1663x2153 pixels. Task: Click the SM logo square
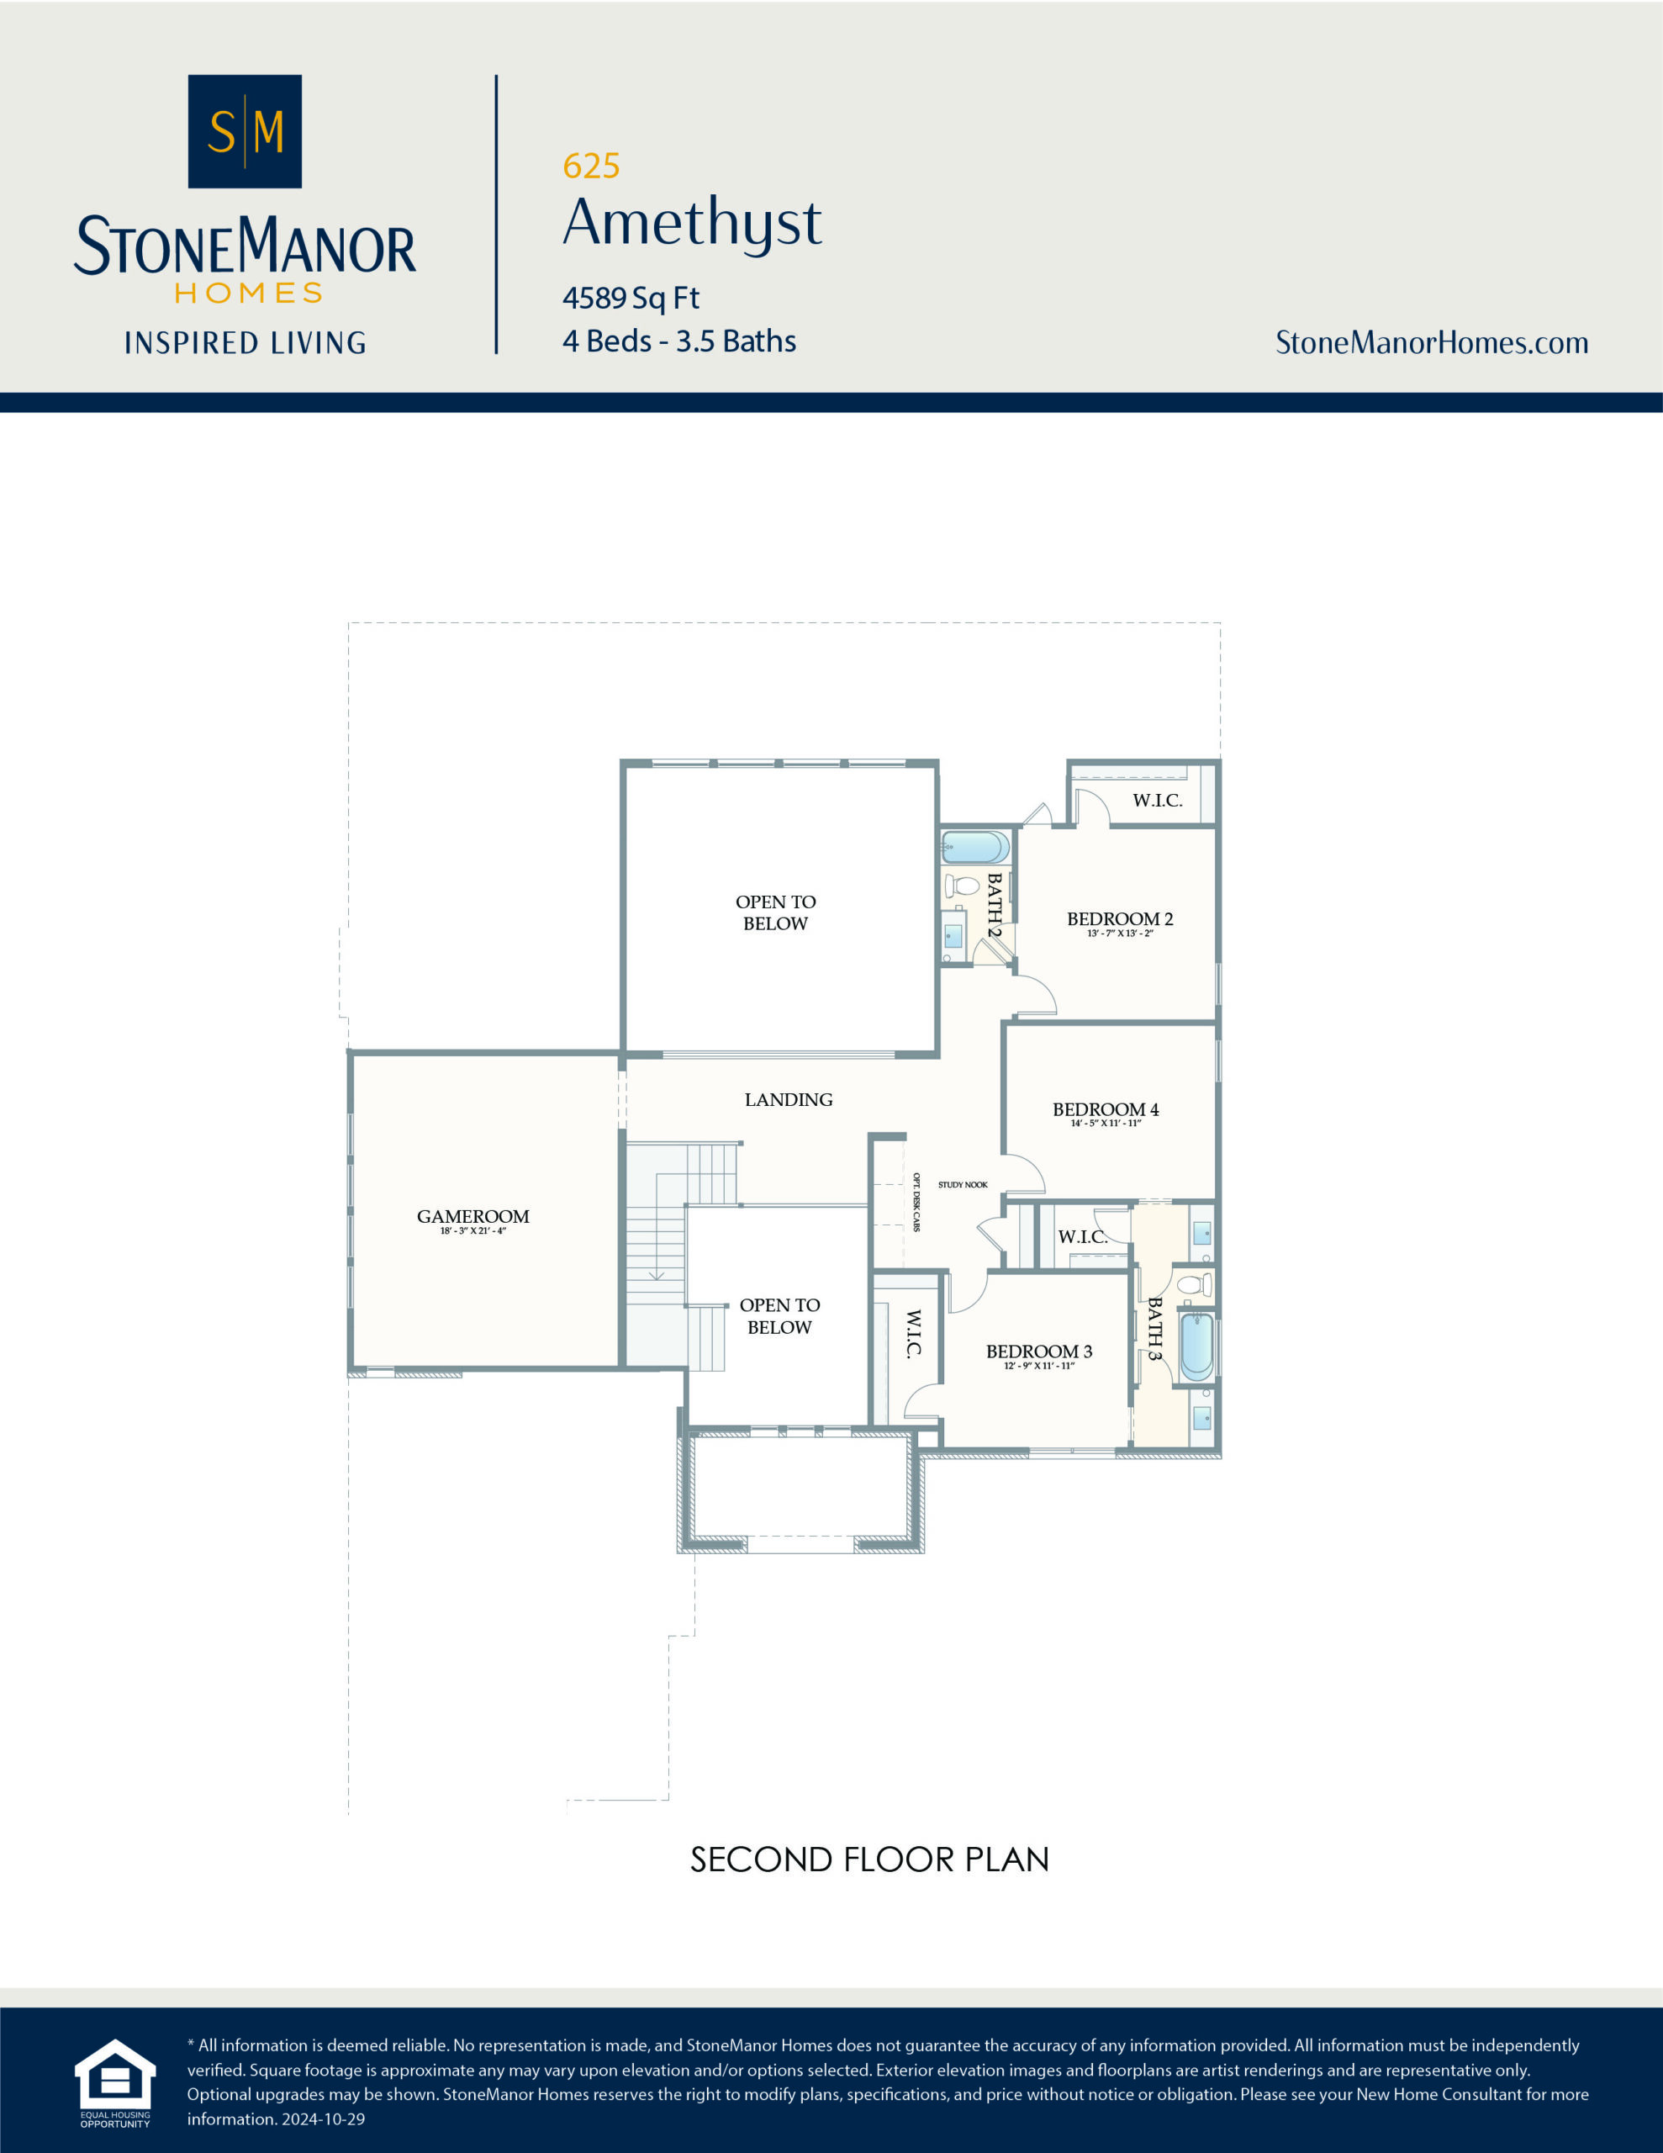click(245, 131)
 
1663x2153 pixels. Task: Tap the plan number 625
click(590, 167)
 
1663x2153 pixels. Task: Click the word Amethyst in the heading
click(692, 223)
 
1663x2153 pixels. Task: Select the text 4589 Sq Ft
click(631, 298)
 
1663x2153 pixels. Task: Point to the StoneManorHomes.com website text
click(1431, 343)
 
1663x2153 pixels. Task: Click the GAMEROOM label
click(473, 1216)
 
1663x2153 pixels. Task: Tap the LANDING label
click(788, 1099)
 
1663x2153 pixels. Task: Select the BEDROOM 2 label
click(1120, 918)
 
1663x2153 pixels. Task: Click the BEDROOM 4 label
click(1105, 1109)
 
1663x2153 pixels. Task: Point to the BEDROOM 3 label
click(1039, 1352)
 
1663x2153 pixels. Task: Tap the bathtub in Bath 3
click(1196, 1346)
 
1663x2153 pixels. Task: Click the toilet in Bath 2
click(962, 884)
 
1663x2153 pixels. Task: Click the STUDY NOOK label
click(962, 1185)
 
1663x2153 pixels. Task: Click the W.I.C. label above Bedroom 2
click(1158, 801)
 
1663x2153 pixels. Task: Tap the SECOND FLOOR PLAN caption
click(869, 1859)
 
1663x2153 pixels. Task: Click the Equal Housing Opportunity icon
click(115, 2077)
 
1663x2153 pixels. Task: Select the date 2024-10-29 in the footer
click(324, 2119)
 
